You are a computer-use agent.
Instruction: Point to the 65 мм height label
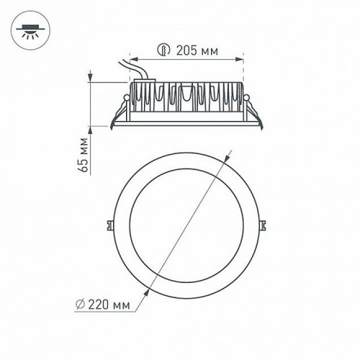[84, 157]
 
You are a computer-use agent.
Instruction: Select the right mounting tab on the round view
[264, 224]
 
